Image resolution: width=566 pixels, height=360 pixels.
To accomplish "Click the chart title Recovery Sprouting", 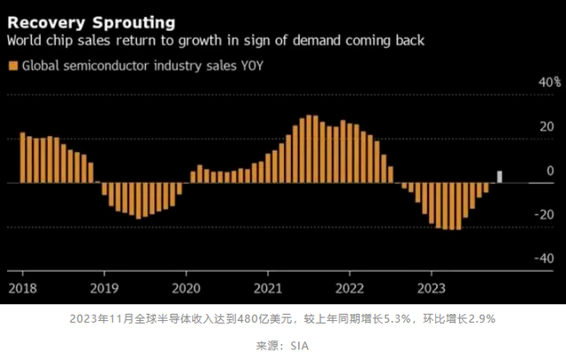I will [91, 20].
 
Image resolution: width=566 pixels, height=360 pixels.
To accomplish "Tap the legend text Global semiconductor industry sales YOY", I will [141, 65].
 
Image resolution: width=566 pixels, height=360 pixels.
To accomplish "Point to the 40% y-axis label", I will [547, 82].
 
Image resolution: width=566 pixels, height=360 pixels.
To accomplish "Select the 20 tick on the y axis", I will [548, 126].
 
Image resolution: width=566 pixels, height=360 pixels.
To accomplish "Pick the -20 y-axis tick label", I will [546, 214].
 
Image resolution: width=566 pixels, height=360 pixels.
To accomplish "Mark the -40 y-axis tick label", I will [546, 258].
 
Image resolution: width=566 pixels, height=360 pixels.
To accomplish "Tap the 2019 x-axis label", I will [105, 287].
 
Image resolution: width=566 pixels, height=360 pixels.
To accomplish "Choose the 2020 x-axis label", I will [187, 287].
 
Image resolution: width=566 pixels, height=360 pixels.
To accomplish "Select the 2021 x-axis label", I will [268, 287].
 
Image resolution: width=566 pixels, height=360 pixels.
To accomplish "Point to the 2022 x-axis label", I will [350, 287].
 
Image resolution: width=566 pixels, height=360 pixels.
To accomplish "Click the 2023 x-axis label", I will [431, 287].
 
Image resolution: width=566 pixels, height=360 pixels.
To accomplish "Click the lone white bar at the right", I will [500, 177].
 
